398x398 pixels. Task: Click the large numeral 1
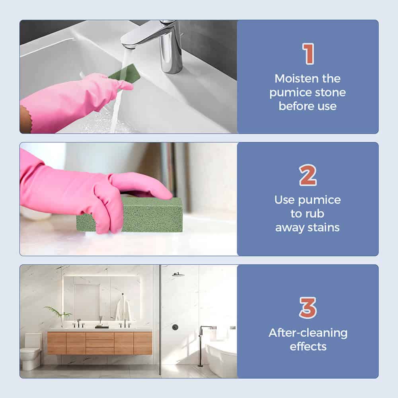click(x=308, y=54)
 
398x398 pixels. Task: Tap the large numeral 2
click(x=308, y=175)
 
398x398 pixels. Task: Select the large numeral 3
click(x=308, y=308)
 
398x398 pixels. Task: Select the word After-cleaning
click(x=308, y=333)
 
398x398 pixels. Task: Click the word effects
click(x=308, y=347)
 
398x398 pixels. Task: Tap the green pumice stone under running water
click(x=125, y=74)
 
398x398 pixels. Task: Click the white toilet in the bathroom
click(x=31, y=351)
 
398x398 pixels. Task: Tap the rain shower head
click(x=178, y=274)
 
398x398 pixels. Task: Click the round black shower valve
click(x=175, y=327)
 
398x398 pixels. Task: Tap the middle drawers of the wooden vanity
click(x=99, y=343)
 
